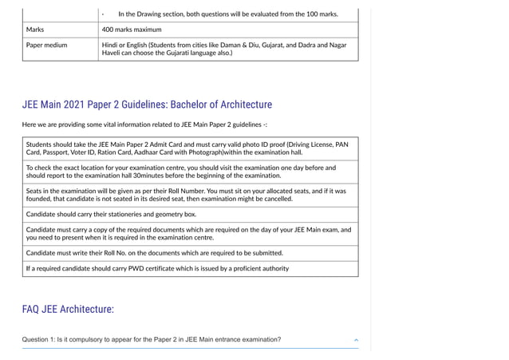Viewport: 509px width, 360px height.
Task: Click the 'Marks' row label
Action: click(35, 30)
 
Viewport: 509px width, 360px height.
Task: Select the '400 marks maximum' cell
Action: click(132, 30)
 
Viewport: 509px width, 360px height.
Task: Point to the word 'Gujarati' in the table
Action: click(203, 53)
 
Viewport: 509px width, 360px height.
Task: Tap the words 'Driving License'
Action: click(310, 144)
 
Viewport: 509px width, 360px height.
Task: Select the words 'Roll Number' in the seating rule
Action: click(201, 191)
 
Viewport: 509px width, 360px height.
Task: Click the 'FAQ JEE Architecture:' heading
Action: click(68, 309)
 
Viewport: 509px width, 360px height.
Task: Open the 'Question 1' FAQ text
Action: click(152, 340)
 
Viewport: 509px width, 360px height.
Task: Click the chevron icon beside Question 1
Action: click(356, 340)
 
